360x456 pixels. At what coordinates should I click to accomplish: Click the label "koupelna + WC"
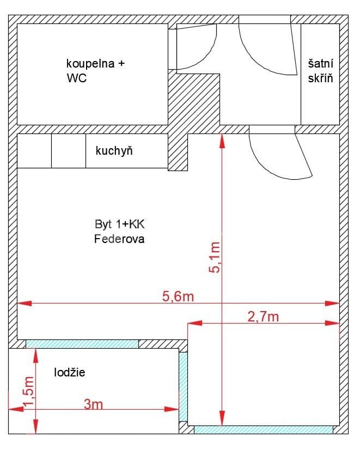[95, 71]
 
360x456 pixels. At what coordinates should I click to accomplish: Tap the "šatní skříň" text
[320, 71]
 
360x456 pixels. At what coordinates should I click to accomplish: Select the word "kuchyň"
[114, 151]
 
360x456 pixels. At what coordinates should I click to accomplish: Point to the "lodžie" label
[70, 373]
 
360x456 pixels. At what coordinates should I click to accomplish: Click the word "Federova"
[119, 239]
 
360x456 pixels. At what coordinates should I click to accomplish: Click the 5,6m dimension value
[178, 296]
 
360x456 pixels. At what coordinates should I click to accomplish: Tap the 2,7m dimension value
[263, 317]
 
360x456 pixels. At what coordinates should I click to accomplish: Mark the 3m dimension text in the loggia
[93, 404]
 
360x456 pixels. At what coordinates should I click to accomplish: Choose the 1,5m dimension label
[28, 391]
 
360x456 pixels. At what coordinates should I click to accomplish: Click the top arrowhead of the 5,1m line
[221, 139]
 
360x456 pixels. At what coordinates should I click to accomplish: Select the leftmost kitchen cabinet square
[35, 150]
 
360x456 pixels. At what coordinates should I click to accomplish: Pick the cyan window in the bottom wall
[263, 430]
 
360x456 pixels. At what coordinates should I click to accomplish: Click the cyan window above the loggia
[82, 344]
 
